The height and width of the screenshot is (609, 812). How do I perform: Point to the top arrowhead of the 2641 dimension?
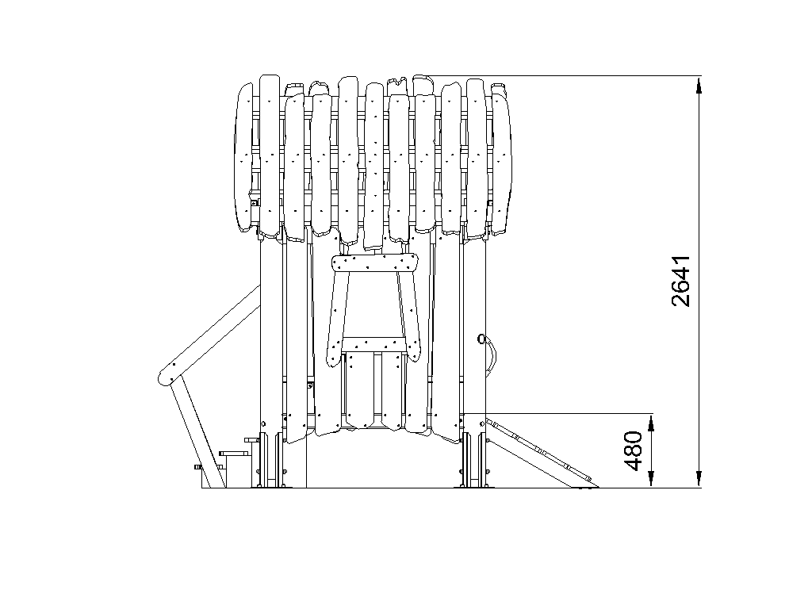pyautogui.click(x=699, y=84)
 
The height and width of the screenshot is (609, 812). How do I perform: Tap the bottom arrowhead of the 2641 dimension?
pyautogui.click(x=699, y=479)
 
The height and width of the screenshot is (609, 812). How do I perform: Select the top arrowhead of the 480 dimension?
pyautogui.click(x=652, y=422)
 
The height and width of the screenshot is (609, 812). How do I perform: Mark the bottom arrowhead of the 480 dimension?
pyautogui.click(x=652, y=479)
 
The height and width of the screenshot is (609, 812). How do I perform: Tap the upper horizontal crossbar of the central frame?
pyautogui.click(x=374, y=262)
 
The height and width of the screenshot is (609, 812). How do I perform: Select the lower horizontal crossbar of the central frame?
pyautogui.click(x=373, y=344)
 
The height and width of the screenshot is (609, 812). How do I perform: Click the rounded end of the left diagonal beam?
pyautogui.click(x=167, y=376)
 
